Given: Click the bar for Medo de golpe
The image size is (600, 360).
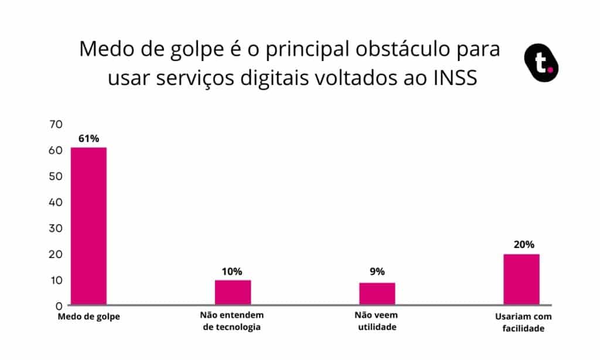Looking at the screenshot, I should coord(88,226).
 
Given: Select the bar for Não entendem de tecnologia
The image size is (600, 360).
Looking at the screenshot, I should coord(233,292).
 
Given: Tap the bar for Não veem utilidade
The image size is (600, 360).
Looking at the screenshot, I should coord(377,293).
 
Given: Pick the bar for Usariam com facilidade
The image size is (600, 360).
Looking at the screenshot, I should coord(521,279).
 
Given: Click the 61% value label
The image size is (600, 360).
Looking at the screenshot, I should coord(88,139).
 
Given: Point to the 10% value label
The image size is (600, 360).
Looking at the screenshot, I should coord(232,271).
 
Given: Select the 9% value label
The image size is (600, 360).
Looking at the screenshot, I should coord(377,271).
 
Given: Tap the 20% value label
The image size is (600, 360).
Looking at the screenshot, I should coord(521,245).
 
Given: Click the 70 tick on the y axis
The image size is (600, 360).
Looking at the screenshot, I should coord(56,124).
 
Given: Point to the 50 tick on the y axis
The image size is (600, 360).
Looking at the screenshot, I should coord(56,176).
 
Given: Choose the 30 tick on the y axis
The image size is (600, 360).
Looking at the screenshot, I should coord(56,228).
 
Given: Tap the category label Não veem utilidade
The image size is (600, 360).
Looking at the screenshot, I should coord(377,321).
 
